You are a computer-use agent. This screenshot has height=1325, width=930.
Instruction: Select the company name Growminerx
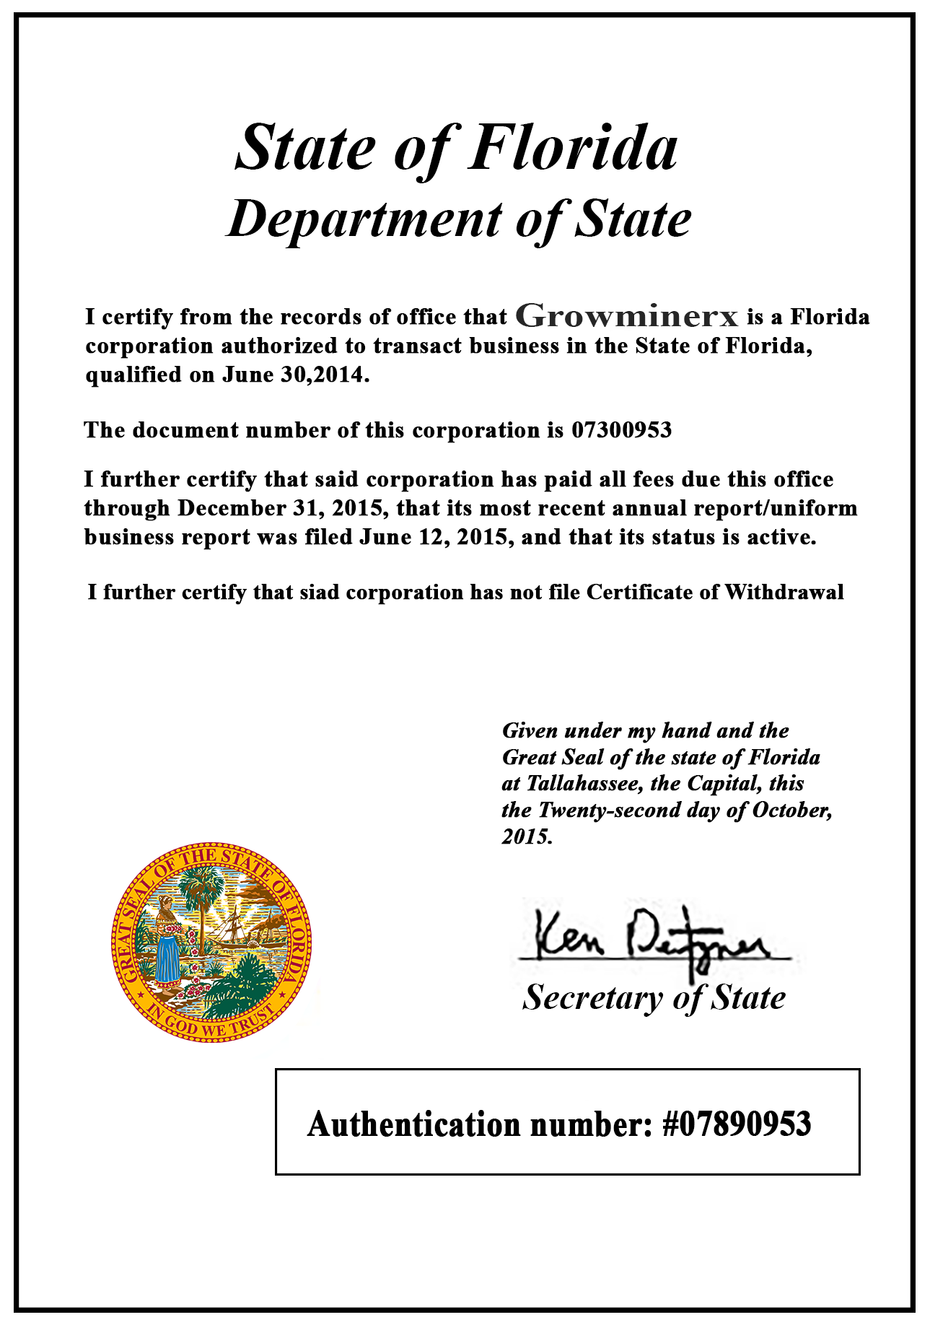coord(627,316)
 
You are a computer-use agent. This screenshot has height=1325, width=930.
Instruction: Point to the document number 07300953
coord(621,430)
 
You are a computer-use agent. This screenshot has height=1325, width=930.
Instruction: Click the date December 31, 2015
coord(280,508)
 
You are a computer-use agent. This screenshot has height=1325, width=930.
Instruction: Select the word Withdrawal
coord(784,592)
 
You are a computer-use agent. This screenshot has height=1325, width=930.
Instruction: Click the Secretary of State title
coord(654,997)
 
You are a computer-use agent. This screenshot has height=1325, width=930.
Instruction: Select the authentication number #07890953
coord(737,1124)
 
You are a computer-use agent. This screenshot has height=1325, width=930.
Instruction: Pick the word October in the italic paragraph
coord(791,810)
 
